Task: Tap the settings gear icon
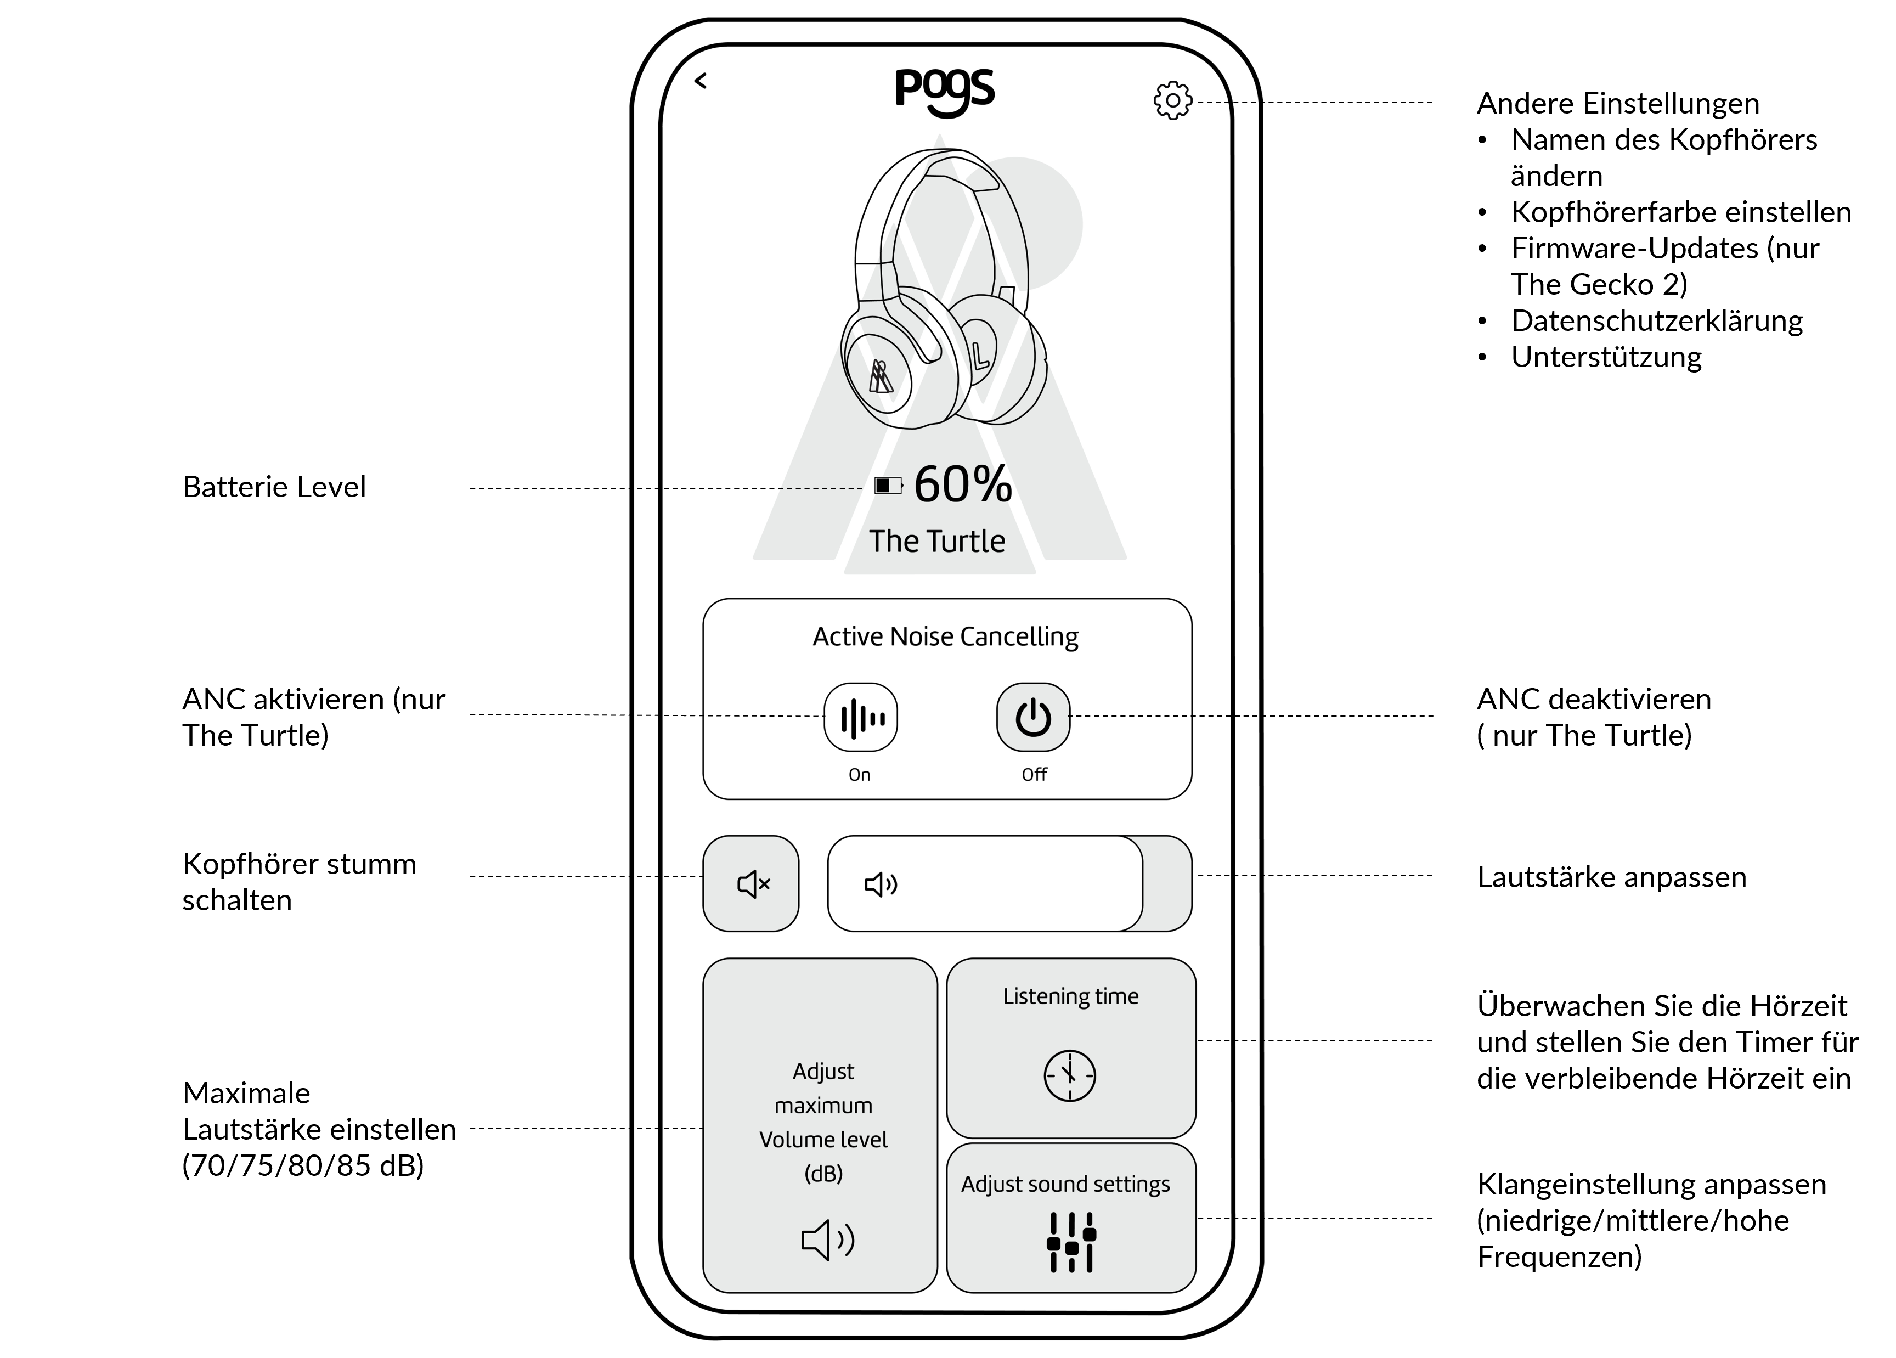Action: click(1173, 100)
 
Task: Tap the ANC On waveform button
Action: click(861, 718)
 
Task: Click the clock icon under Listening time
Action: click(1069, 1075)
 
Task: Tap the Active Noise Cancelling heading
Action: click(945, 637)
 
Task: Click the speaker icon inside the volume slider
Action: click(881, 884)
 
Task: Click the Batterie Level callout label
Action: click(274, 487)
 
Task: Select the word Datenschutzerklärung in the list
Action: click(1657, 321)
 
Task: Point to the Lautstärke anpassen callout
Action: click(1612, 877)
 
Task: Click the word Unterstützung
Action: click(1606, 357)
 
